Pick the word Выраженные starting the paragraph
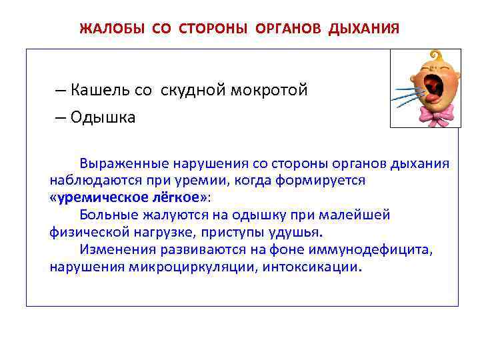point(125,163)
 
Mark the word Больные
point(107,215)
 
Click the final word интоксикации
point(319,267)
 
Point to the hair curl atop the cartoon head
point(437,55)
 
